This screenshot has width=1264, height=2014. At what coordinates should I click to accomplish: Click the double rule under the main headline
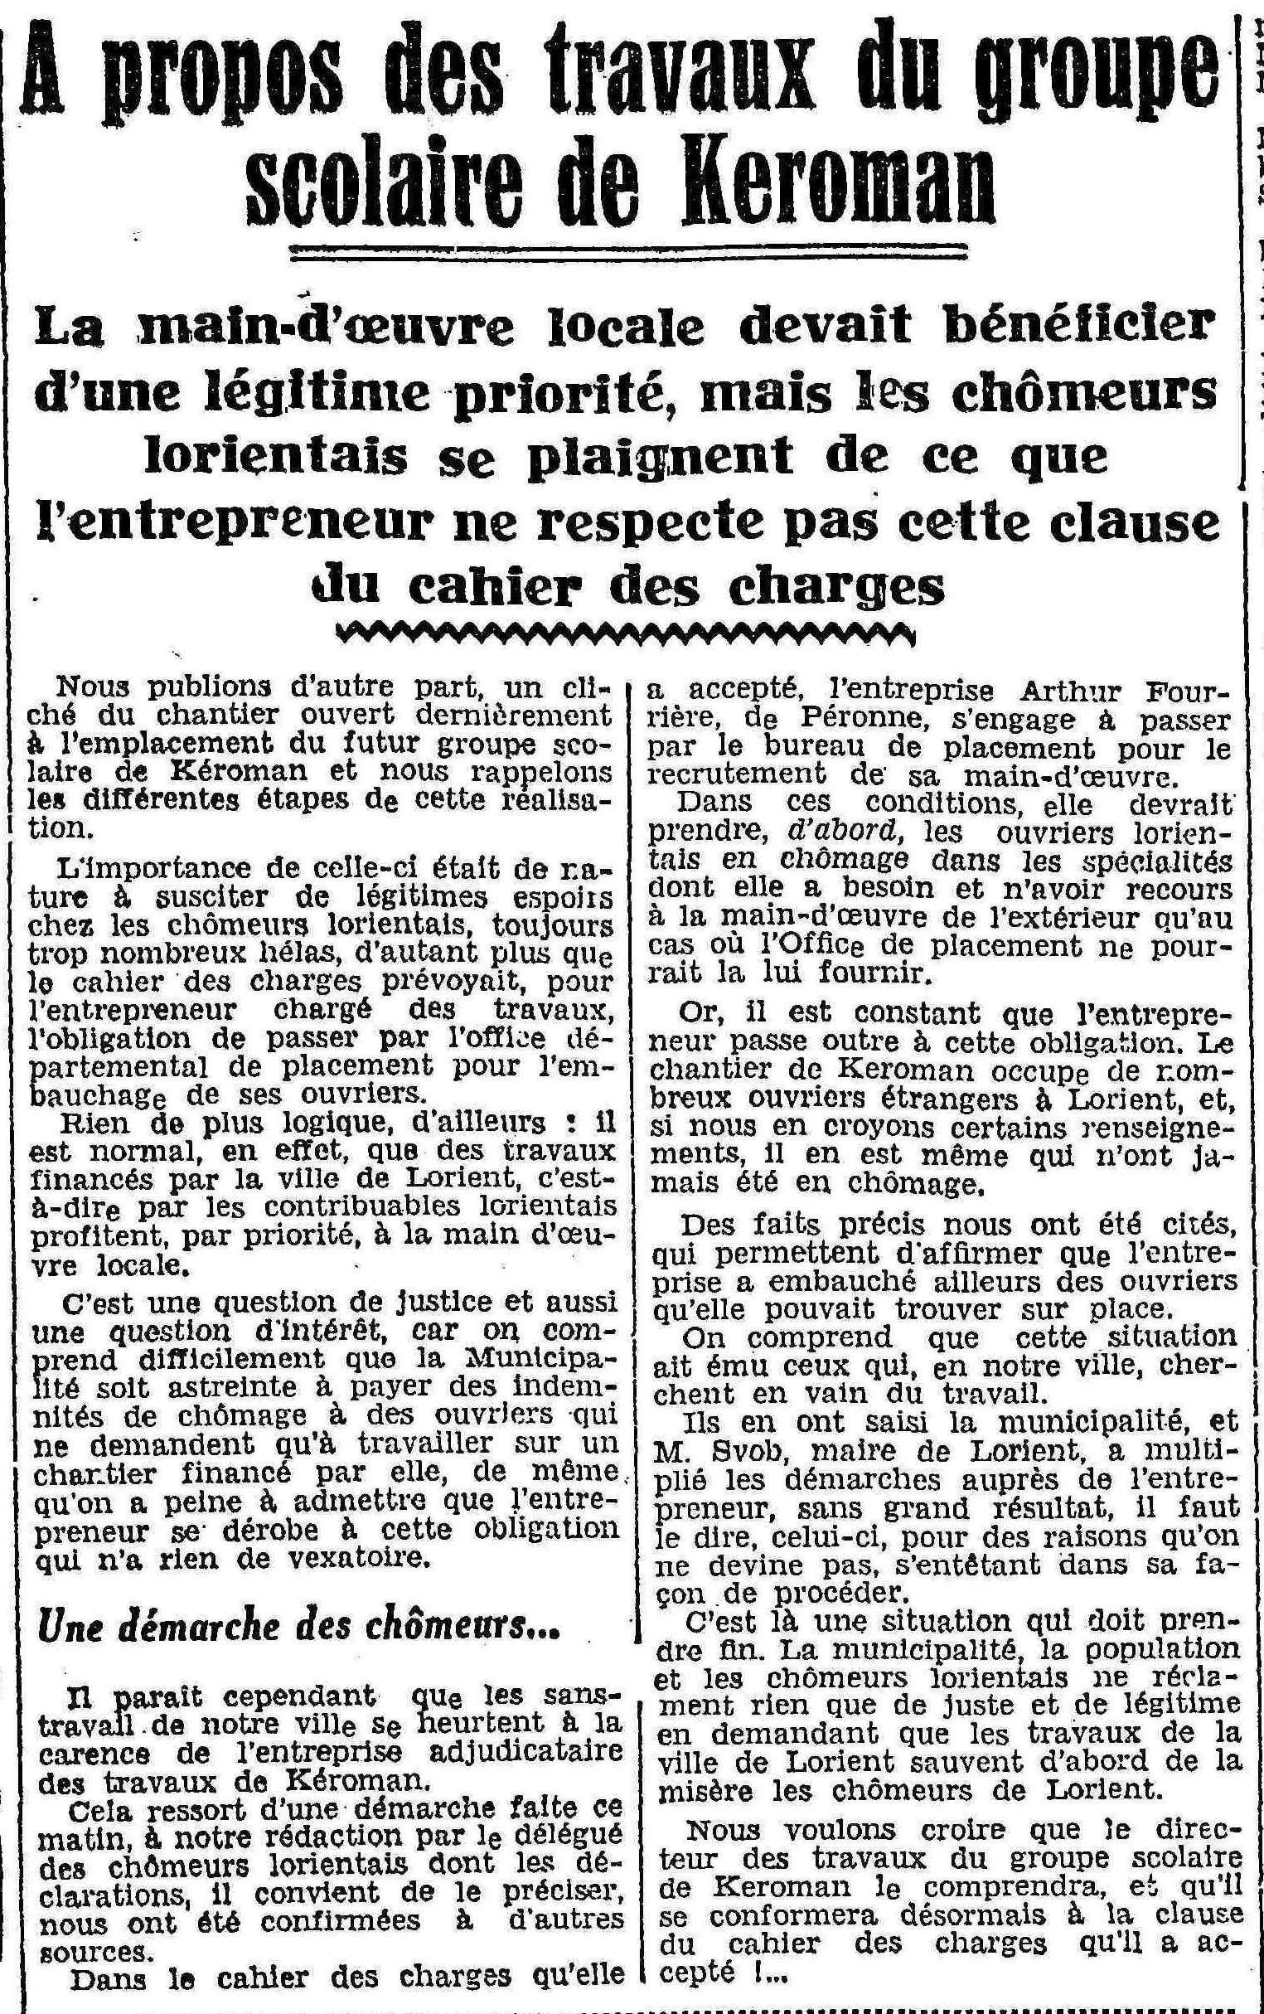[627, 250]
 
